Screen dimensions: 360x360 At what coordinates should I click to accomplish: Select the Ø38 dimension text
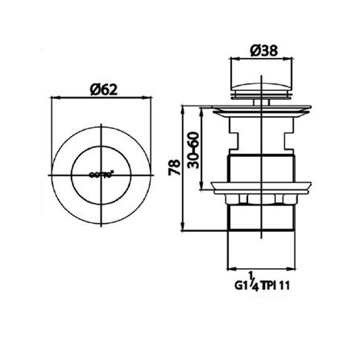pos(259,50)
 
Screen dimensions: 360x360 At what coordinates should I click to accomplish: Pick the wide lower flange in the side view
pos(259,190)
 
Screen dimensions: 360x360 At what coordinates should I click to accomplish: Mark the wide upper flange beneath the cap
pos(259,106)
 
